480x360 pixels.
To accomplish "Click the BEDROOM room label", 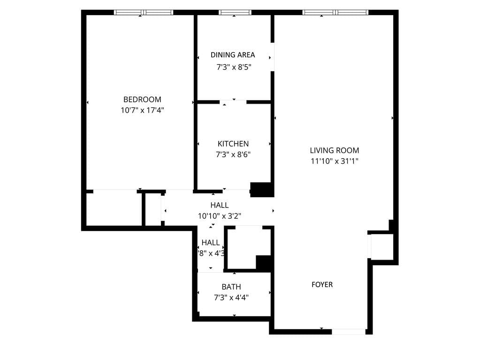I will click(142, 100).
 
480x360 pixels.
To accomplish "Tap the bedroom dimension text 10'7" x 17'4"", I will click(142, 110).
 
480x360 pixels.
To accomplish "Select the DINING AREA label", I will click(233, 55).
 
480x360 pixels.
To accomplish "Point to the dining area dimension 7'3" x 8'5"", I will click(234, 67).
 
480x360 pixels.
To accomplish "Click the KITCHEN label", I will click(233, 144).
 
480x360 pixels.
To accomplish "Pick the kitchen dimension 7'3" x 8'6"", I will click(234, 154).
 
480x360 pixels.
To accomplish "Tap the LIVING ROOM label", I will click(334, 151).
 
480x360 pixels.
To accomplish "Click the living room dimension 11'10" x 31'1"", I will click(334, 161).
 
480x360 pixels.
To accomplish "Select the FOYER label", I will click(322, 284).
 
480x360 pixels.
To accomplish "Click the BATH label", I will click(231, 287).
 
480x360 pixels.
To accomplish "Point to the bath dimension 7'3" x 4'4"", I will click(231, 298).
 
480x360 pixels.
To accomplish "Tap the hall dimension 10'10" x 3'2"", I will click(220, 216).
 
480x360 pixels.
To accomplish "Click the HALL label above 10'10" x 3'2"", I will click(220, 205).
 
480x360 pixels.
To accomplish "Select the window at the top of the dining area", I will click(235, 13).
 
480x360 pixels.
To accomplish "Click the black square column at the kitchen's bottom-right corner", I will click(262, 189).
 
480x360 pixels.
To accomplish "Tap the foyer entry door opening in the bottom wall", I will click(349, 331).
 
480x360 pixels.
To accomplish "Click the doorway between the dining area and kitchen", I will click(233, 101).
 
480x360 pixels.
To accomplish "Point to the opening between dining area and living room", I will click(272, 57).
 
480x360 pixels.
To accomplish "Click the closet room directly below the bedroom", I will click(113, 209).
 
